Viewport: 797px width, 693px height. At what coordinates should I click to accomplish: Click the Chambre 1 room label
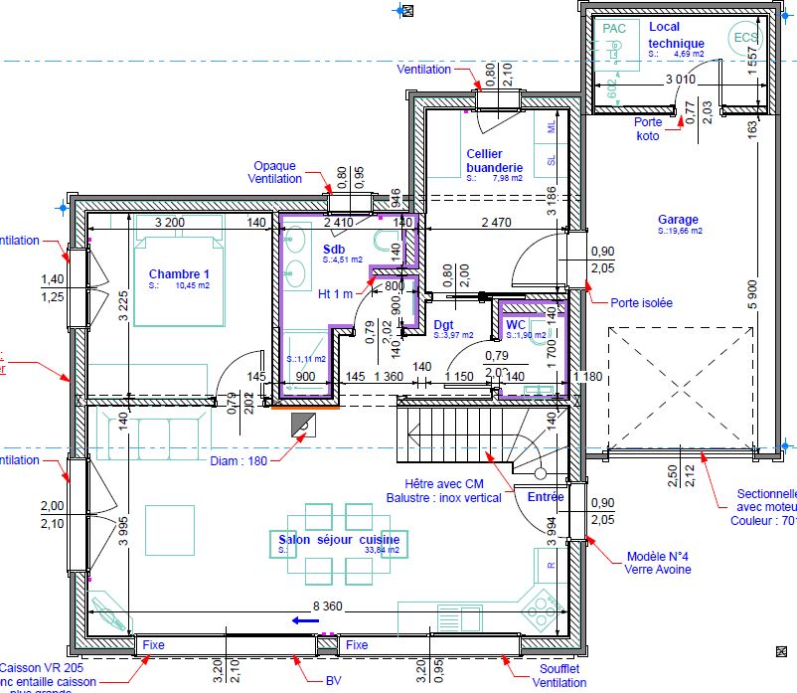(x=179, y=273)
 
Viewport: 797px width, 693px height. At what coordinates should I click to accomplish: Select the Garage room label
(x=678, y=220)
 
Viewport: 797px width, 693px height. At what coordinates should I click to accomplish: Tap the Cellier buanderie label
(x=494, y=160)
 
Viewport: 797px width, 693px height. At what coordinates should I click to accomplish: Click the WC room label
(x=515, y=325)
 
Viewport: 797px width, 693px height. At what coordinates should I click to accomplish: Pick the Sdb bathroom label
(x=333, y=249)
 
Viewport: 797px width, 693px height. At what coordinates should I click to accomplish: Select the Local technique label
(x=676, y=35)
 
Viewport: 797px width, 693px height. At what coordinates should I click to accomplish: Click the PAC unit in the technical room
(x=615, y=30)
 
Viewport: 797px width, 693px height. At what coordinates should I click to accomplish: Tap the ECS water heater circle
(x=744, y=38)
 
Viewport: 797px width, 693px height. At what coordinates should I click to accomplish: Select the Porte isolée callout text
(x=641, y=303)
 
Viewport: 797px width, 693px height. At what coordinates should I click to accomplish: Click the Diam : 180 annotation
(x=239, y=460)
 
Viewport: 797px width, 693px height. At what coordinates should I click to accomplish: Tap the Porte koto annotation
(x=648, y=129)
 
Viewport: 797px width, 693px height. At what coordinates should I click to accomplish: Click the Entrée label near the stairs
(x=546, y=497)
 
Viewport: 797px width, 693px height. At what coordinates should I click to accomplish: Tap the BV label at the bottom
(x=333, y=682)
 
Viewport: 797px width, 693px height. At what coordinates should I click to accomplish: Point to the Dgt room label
(x=444, y=325)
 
